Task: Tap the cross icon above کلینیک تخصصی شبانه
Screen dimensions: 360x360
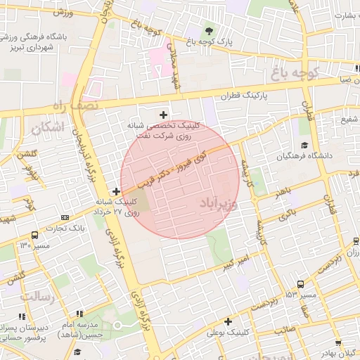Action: click(x=164, y=114)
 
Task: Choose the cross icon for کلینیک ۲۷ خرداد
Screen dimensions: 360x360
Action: click(x=116, y=191)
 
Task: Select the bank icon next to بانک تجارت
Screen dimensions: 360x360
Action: click(x=65, y=217)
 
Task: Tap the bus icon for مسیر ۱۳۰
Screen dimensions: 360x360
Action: click(x=34, y=236)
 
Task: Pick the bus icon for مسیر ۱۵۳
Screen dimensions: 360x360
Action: click(x=301, y=284)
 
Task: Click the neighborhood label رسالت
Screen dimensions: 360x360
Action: click(x=37, y=297)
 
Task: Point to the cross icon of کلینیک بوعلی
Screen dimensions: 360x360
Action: click(x=229, y=321)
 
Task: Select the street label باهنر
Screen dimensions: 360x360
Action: click(x=283, y=191)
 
